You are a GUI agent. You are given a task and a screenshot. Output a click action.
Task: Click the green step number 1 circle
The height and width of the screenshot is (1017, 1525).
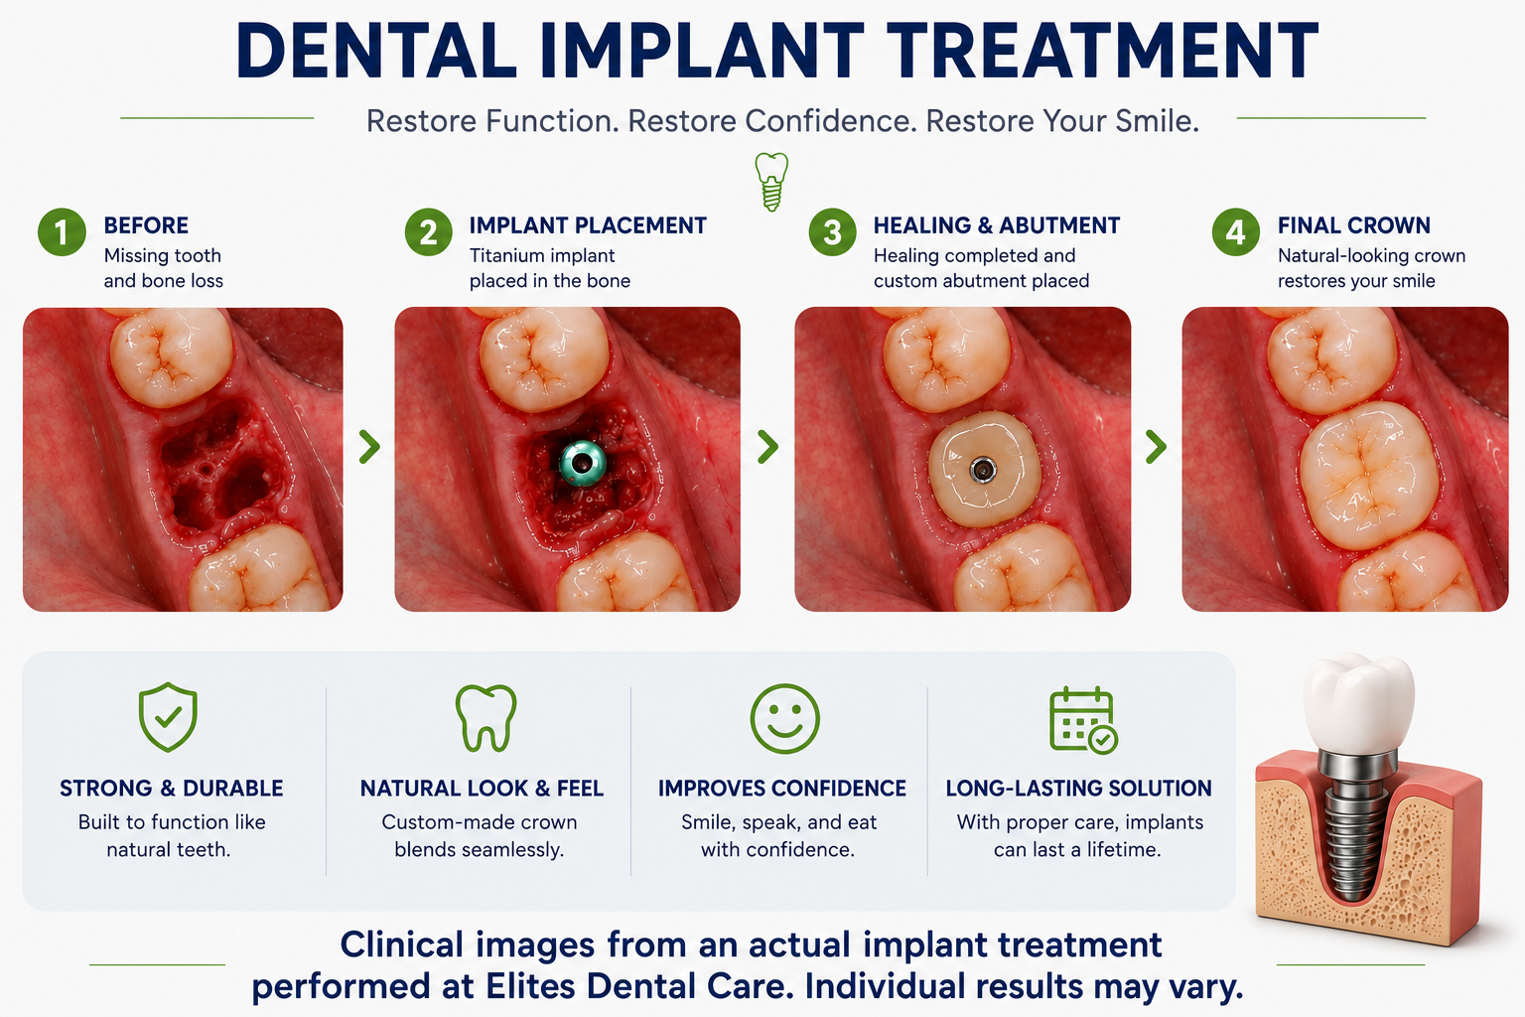62,232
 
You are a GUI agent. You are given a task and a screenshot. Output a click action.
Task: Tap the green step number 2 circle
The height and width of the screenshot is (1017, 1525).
428,232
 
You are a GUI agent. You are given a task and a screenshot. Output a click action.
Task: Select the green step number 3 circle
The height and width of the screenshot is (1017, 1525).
832,232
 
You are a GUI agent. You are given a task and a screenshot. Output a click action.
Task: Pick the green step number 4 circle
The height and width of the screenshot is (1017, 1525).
1236,232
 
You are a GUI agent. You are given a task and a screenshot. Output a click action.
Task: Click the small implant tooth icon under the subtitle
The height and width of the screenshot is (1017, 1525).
771,181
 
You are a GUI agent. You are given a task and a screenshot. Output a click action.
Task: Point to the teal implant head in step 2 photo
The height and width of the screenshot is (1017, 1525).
583,463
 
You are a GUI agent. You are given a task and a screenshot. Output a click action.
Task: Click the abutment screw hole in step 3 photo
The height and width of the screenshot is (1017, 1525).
982,470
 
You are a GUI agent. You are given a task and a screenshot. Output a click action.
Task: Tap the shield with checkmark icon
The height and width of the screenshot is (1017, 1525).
168,717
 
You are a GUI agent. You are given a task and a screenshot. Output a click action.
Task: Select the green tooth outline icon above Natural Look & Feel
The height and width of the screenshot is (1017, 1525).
485,718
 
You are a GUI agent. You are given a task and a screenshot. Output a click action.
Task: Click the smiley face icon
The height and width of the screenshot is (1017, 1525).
785,719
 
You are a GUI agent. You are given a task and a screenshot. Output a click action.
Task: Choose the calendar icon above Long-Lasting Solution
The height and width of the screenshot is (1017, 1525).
1083,720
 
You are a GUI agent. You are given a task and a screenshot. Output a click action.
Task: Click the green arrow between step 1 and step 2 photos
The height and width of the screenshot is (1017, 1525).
369,447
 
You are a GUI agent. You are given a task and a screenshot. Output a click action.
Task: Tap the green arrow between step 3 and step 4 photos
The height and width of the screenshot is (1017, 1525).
1156,447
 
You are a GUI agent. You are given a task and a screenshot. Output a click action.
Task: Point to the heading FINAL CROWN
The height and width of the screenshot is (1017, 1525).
1353,225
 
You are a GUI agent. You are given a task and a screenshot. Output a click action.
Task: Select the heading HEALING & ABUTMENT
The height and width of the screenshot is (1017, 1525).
996,225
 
